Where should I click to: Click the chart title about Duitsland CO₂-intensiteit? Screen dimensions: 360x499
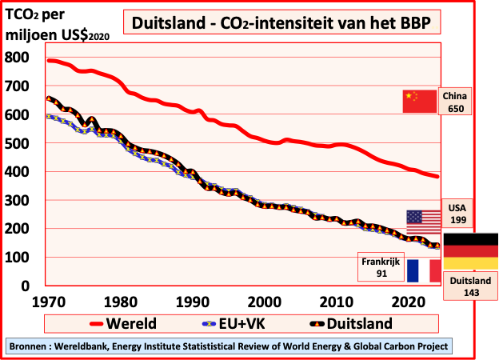(281, 23)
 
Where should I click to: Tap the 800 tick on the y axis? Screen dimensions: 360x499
(17, 58)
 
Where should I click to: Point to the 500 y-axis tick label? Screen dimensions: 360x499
(17, 143)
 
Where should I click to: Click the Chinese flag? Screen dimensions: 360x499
(420, 102)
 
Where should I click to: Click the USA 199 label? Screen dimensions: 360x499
(458, 214)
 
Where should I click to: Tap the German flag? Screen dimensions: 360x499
(470, 251)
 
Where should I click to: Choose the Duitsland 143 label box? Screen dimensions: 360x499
(471, 287)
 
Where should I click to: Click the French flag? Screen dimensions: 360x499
(424, 270)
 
